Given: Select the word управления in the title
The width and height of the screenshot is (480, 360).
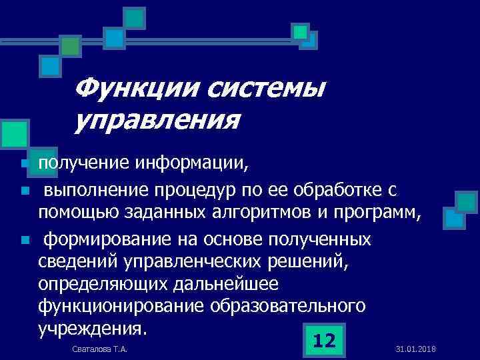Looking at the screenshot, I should pyautogui.click(x=157, y=121).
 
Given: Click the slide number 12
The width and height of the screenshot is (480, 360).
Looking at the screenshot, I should pyautogui.click(x=323, y=341).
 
